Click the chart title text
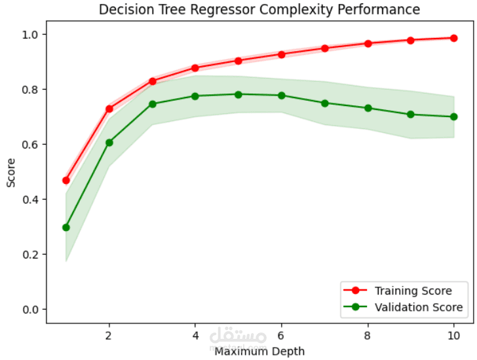(259, 10)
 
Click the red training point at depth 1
(66, 180)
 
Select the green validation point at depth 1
(66, 227)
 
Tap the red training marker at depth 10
(453, 38)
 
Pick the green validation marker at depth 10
(453, 117)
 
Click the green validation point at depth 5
(238, 94)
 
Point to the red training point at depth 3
(152, 81)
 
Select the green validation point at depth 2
(109, 142)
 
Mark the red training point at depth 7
(324, 48)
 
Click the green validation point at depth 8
(368, 108)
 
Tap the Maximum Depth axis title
(259, 351)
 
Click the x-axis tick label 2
(109, 334)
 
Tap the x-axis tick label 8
(368, 334)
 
